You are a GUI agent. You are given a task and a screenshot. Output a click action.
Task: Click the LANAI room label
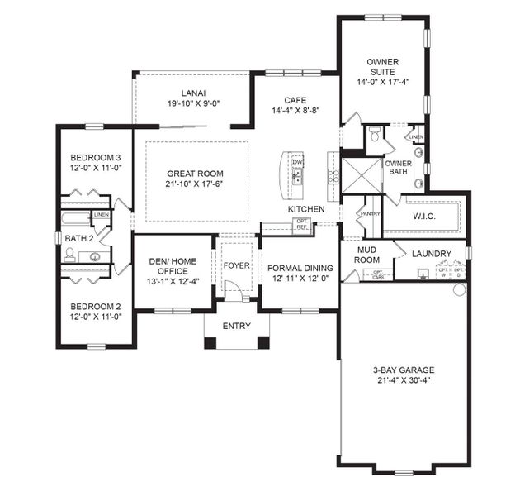[x=194, y=93]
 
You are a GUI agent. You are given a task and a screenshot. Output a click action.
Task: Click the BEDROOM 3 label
[x=96, y=157]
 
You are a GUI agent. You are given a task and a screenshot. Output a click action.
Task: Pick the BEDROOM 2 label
[x=96, y=305]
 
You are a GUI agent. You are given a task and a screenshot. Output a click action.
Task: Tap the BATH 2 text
[x=79, y=239]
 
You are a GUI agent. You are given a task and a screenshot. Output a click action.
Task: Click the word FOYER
[x=237, y=265]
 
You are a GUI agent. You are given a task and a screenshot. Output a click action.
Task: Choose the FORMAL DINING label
[x=300, y=268]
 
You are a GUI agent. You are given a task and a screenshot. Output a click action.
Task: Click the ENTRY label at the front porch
[x=237, y=327]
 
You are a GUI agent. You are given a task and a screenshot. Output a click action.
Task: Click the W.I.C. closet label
[x=422, y=217]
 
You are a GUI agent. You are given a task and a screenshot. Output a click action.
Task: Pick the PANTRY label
[x=370, y=214]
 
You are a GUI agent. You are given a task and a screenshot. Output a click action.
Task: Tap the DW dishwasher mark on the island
[x=298, y=162]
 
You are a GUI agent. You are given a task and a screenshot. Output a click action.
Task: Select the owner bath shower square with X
[x=362, y=175]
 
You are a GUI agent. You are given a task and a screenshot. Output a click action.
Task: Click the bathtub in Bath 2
[x=77, y=220]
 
